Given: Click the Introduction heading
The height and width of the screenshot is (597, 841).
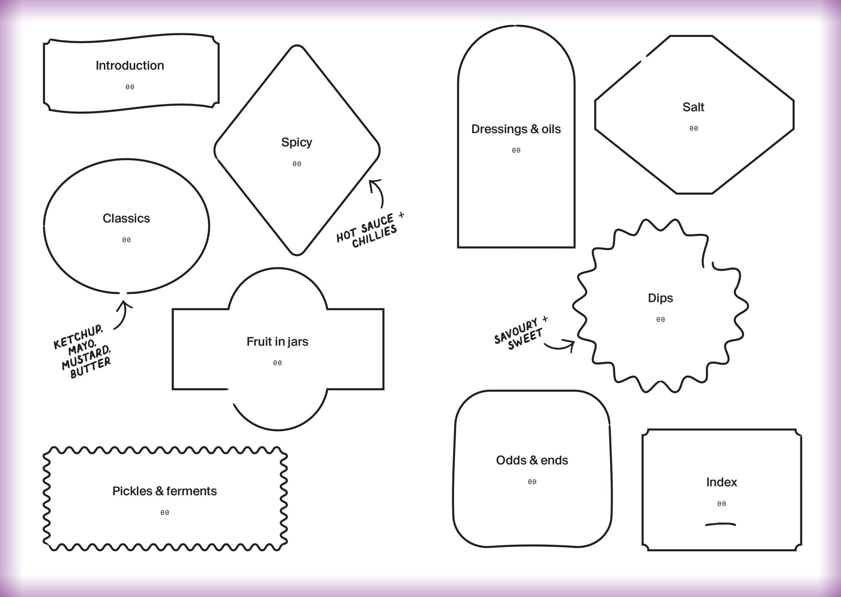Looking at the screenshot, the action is pyautogui.click(x=130, y=65).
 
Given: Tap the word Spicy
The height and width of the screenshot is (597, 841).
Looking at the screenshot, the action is pyautogui.click(x=296, y=143).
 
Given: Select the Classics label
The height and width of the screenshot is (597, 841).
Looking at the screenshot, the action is pyautogui.click(x=126, y=218).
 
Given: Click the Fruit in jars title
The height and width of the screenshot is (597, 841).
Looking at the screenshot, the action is pyautogui.click(x=277, y=342).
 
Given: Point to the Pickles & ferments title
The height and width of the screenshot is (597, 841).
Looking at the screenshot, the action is pyautogui.click(x=164, y=491).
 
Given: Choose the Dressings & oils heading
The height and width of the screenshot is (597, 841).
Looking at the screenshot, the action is pyautogui.click(x=516, y=129).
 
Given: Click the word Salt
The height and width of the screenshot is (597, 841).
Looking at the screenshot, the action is pyautogui.click(x=693, y=107).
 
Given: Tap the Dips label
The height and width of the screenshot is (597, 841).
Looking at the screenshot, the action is pyautogui.click(x=660, y=298).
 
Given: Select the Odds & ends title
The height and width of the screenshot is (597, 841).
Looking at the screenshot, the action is pyautogui.click(x=532, y=460).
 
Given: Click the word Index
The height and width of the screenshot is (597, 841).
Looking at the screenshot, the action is pyautogui.click(x=722, y=482).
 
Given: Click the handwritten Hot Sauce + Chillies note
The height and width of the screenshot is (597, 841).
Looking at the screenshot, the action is pyautogui.click(x=370, y=230).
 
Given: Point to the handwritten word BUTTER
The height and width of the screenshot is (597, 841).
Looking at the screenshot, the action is pyautogui.click(x=91, y=367).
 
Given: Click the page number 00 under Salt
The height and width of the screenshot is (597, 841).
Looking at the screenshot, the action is pyautogui.click(x=694, y=129).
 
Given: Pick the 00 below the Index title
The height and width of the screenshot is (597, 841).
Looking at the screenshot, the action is pyautogui.click(x=722, y=504).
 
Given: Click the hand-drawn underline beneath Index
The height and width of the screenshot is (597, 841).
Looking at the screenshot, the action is pyautogui.click(x=721, y=524).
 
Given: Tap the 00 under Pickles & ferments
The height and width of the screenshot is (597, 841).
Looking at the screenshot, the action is pyautogui.click(x=165, y=513).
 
